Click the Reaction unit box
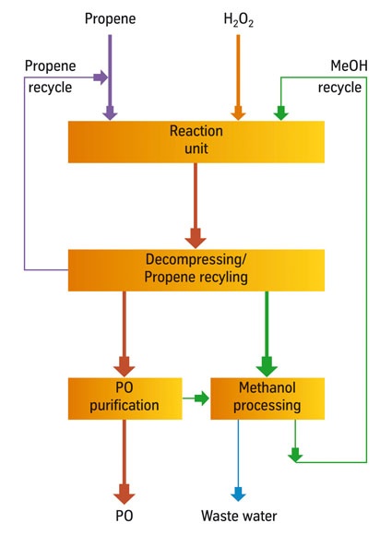pos(196,141)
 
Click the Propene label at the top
pos(110,18)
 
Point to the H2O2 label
pos(238,18)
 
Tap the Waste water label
pos(239,517)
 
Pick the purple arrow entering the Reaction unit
pos(111,111)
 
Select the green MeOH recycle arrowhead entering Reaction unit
pos(281,112)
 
